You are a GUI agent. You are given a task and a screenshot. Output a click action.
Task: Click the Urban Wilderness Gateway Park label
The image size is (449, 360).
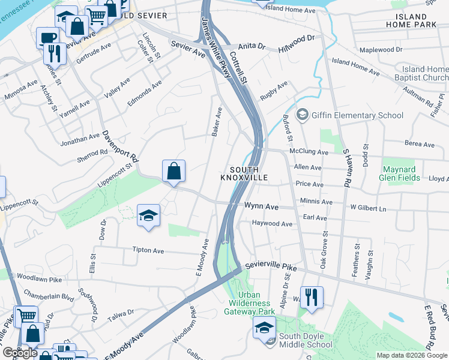point(249,303)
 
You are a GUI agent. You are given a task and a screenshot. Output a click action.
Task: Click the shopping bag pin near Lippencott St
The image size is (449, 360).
point(173,170)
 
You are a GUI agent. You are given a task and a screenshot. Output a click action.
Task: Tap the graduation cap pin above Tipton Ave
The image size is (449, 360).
point(148,215)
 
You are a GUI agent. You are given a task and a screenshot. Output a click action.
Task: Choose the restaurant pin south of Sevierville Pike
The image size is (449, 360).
point(312,296)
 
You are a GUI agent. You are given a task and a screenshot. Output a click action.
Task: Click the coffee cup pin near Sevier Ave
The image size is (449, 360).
point(47,37)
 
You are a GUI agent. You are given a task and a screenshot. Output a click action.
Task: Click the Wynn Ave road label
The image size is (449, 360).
point(261,206)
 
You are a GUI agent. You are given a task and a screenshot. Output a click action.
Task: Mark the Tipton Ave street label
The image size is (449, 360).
point(148,250)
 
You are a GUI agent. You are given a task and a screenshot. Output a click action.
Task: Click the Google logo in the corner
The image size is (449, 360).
point(19,353)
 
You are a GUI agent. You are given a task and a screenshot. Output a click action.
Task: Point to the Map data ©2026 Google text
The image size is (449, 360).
point(412,355)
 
